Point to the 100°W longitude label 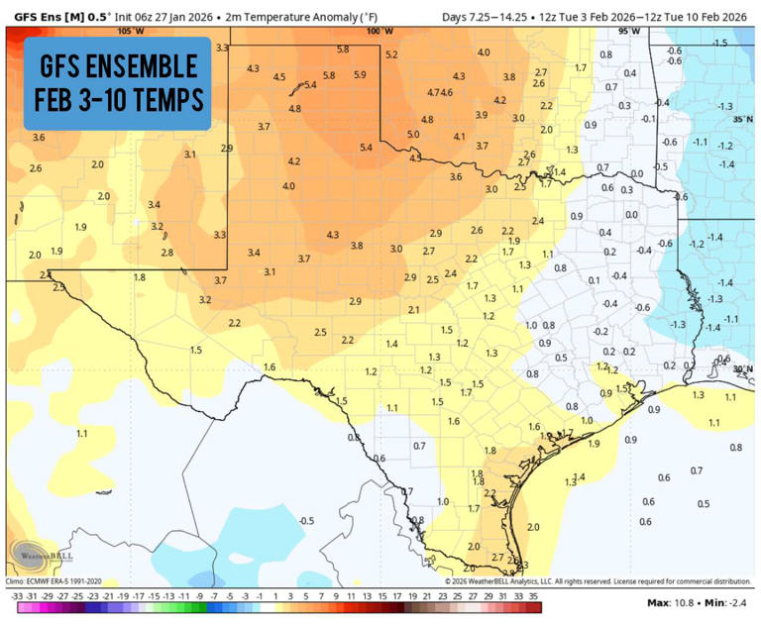click(375, 31)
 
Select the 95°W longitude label click(628, 31)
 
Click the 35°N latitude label click(742, 119)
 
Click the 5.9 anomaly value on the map click(360, 74)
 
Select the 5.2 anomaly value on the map click(391, 54)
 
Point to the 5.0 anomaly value click(413, 134)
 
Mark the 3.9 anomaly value click(482, 115)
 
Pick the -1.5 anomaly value click(719, 43)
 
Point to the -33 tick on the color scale click(16, 596)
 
